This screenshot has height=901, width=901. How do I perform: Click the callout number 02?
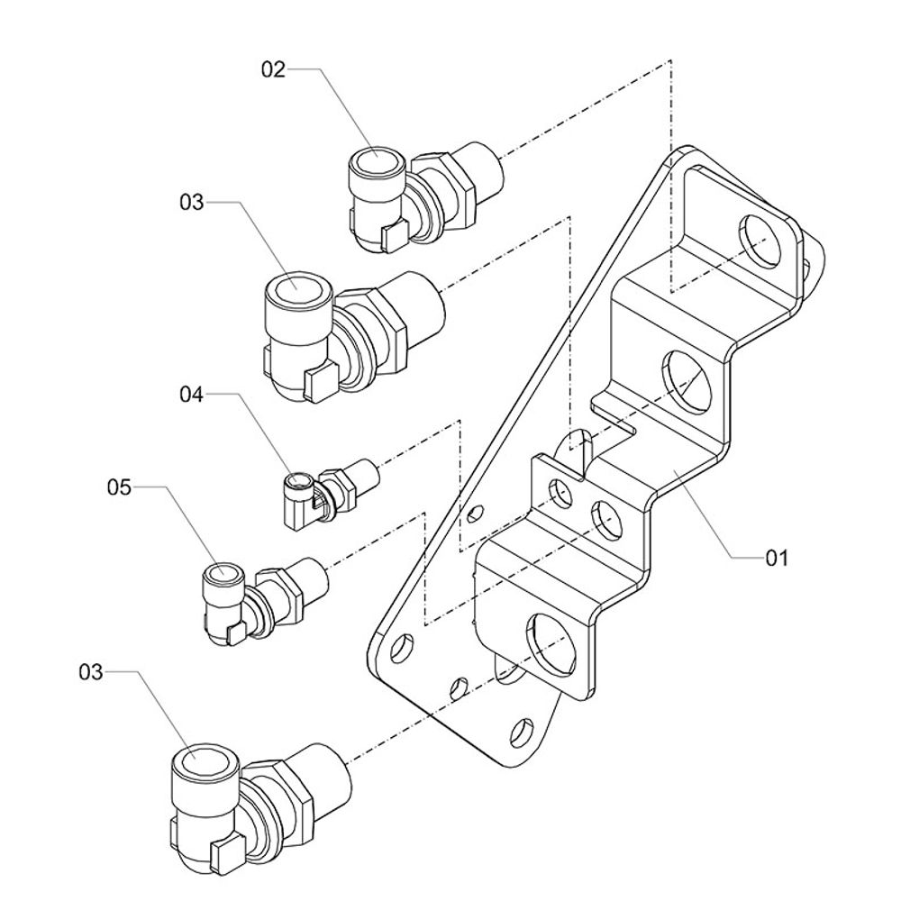(x=273, y=69)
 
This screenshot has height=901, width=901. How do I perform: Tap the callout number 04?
(x=192, y=394)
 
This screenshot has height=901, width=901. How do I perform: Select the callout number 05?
(x=119, y=487)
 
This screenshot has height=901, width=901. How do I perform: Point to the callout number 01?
(x=777, y=559)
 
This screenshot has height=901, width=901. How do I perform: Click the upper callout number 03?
(x=192, y=203)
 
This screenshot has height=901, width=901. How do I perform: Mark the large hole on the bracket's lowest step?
(x=550, y=642)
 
